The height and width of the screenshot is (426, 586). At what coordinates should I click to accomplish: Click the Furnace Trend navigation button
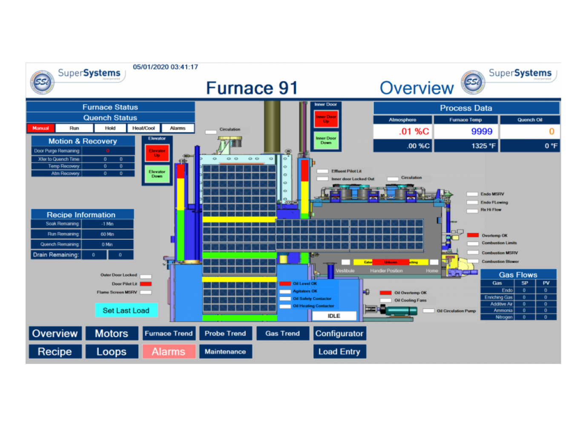[x=169, y=334]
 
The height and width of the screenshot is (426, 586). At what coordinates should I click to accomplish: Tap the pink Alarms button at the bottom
[x=169, y=351]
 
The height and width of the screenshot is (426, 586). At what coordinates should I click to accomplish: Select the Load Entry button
[x=339, y=351]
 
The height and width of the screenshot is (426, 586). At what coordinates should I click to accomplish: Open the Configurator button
[x=339, y=334]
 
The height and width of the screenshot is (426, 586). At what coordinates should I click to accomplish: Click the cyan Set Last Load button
[x=126, y=311]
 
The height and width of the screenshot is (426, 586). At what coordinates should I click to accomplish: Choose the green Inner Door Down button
[x=326, y=141]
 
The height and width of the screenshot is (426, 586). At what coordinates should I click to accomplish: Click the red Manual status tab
[x=41, y=128]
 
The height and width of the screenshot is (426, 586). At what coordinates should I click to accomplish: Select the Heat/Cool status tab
[x=144, y=128]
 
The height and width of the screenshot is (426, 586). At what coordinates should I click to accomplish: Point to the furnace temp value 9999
[x=482, y=132]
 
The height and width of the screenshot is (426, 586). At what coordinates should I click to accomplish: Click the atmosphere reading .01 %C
[x=414, y=132]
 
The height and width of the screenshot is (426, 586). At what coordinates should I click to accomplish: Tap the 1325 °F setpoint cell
[x=483, y=146]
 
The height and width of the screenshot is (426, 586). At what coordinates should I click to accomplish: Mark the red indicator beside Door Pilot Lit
[x=146, y=284]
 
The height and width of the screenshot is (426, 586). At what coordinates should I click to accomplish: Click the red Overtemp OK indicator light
[x=473, y=235]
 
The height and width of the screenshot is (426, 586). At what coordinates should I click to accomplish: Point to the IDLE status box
[x=334, y=316]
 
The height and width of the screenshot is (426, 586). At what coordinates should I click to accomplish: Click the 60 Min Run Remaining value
[x=107, y=234]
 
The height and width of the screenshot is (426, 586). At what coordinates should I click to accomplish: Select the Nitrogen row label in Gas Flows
[x=504, y=317]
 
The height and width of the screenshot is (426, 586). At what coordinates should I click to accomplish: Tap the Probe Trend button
[x=225, y=334]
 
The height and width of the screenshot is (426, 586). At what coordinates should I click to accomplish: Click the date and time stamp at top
[x=165, y=67]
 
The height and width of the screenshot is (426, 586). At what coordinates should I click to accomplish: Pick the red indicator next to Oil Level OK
[x=285, y=284]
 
